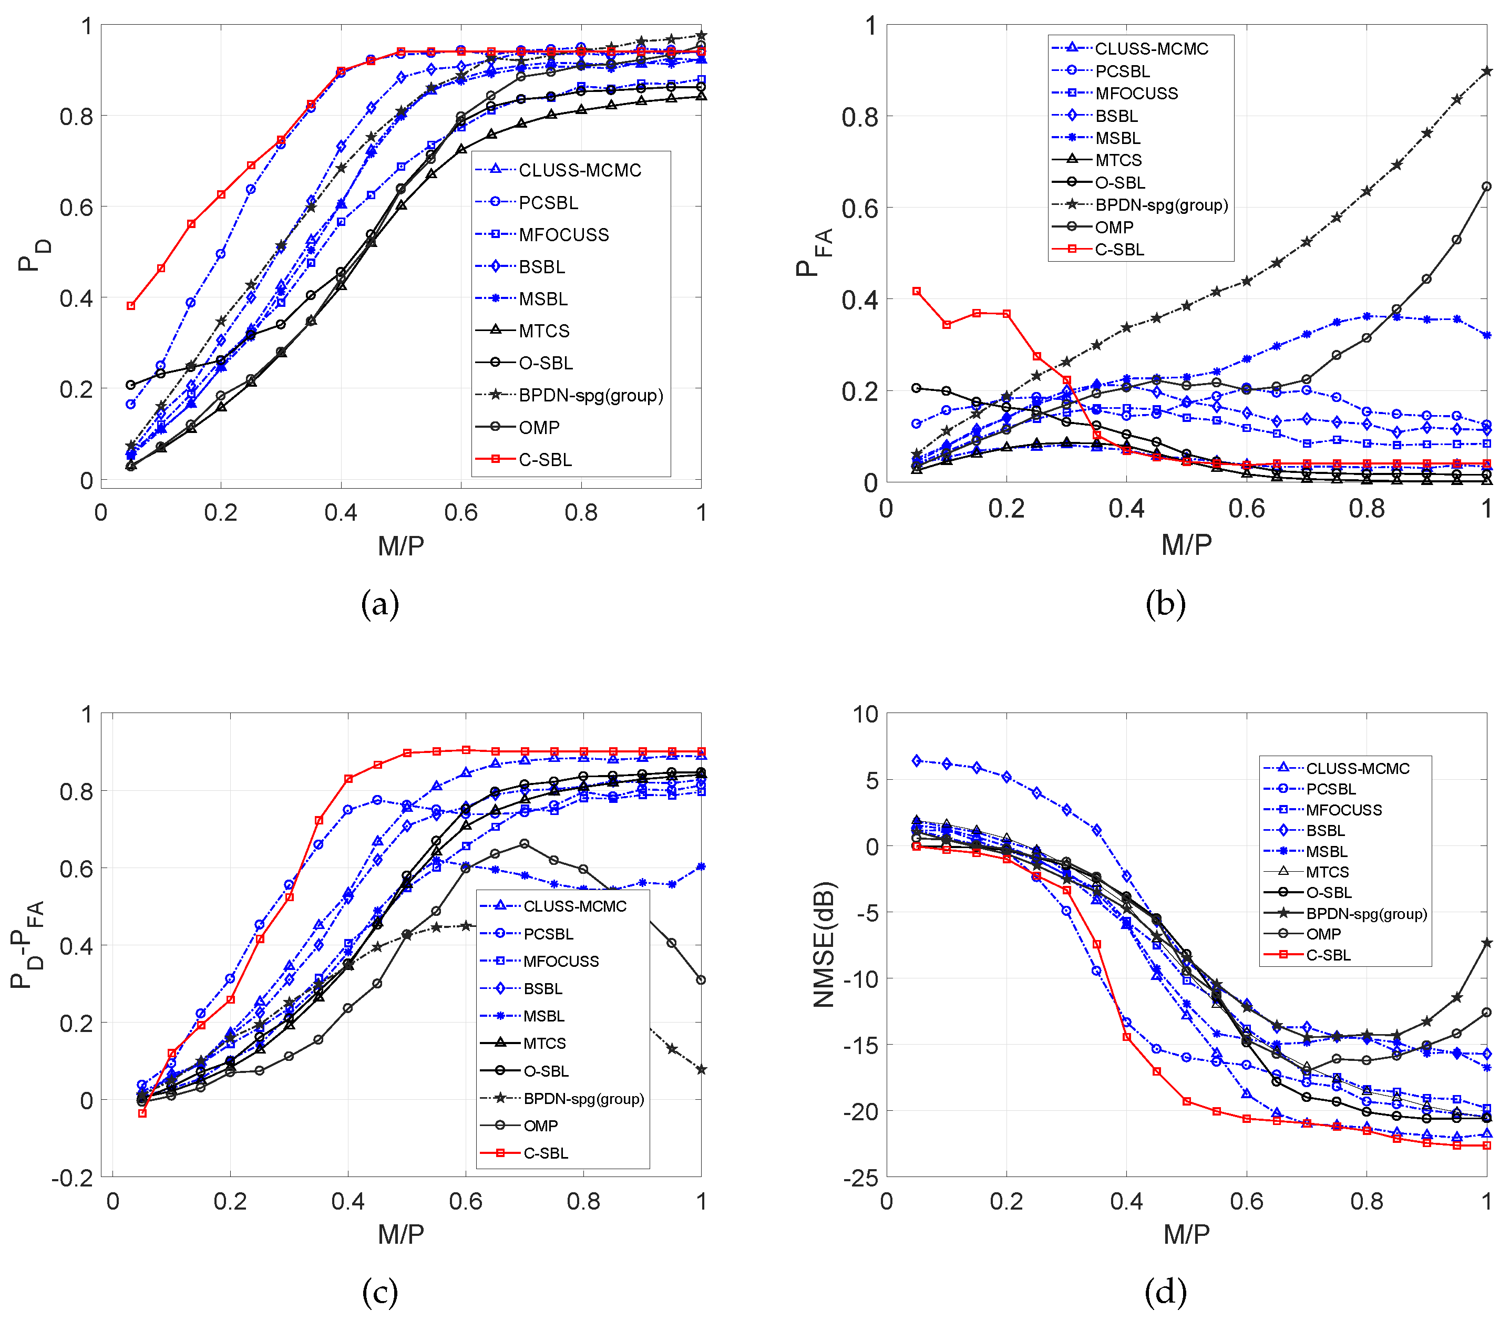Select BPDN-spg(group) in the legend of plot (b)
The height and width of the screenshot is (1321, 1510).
pos(1160,205)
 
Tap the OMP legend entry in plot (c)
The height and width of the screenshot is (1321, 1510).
pos(540,1126)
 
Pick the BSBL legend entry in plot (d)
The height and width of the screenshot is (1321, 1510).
pos(1325,830)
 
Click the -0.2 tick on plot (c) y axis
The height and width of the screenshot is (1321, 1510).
pos(72,1178)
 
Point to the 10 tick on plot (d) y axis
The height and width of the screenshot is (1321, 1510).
pos(865,714)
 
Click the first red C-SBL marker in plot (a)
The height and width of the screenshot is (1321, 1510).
pos(131,305)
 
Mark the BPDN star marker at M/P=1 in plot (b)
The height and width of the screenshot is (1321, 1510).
pos(1486,71)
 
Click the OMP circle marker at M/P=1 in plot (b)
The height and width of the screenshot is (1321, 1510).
pos(1486,187)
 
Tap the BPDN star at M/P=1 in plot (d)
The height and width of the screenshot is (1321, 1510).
pos(1486,943)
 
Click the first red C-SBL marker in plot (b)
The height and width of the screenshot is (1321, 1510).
pos(917,291)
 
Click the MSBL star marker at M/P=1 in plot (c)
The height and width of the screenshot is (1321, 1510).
pos(701,867)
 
